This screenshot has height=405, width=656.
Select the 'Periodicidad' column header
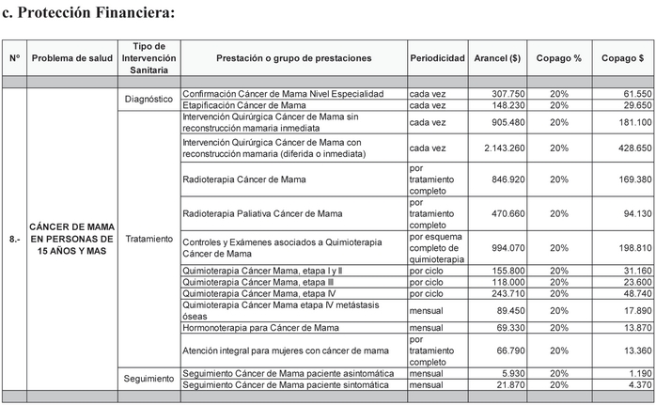click(x=437, y=58)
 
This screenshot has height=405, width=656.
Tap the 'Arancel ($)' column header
click(x=497, y=58)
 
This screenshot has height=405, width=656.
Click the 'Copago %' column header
click(x=558, y=58)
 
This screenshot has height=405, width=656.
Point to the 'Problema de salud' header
click(x=73, y=58)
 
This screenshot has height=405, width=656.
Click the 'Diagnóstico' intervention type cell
click(x=148, y=99)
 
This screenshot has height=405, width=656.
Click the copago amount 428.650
click(x=624, y=148)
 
